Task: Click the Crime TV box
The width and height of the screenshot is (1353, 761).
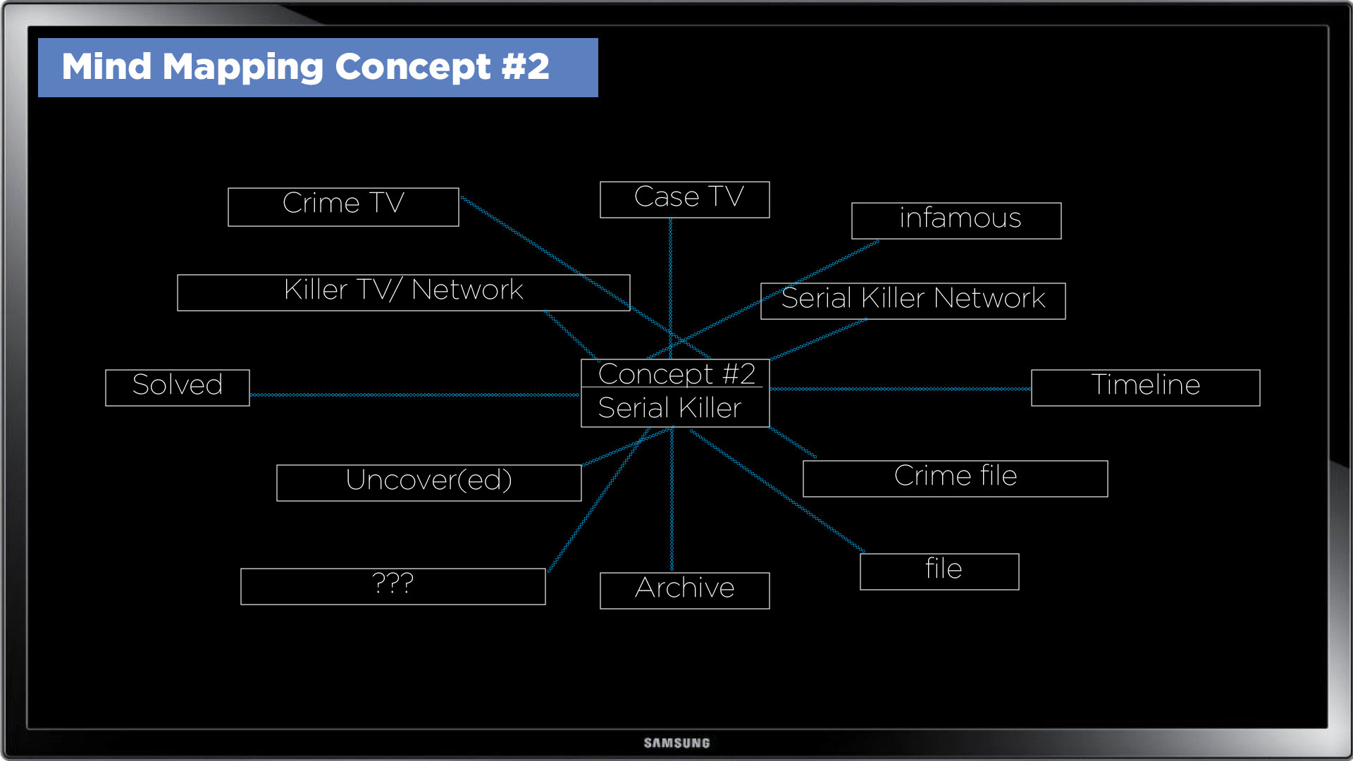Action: click(343, 206)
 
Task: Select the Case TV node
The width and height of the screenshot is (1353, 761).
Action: click(684, 199)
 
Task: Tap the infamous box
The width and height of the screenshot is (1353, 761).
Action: click(956, 221)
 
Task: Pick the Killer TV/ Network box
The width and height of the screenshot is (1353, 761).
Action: click(403, 292)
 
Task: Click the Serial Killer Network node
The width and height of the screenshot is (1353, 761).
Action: click(913, 301)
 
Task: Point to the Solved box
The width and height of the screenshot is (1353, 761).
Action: click(178, 388)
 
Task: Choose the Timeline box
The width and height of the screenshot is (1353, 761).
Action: click(1145, 388)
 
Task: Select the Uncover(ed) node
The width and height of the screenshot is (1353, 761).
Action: click(428, 483)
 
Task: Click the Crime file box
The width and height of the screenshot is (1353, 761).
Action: click(955, 478)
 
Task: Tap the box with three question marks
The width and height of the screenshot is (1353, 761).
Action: click(393, 586)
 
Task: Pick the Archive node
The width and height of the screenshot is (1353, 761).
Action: click(684, 590)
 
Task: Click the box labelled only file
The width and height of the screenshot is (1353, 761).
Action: click(939, 571)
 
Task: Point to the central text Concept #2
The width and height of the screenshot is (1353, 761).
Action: click(676, 374)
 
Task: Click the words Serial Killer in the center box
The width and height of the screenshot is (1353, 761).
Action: click(669, 409)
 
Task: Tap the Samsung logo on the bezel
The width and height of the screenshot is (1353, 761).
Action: click(676, 743)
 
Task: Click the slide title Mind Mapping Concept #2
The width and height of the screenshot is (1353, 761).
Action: click(305, 67)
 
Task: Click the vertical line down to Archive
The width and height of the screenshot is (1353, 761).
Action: click(672, 500)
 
